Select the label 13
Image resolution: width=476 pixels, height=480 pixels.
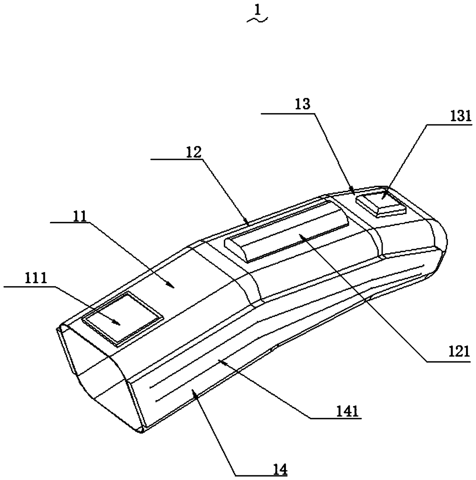303,105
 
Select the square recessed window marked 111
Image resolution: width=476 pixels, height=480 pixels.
122,315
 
